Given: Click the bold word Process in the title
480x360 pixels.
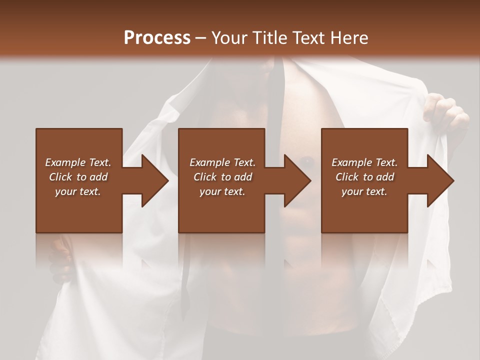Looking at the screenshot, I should [157, 38].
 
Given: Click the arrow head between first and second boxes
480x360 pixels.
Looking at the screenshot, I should [155, 180].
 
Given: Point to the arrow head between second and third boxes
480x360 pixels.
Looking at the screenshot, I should [298, 180].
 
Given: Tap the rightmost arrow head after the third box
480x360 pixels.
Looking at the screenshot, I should [440, 180].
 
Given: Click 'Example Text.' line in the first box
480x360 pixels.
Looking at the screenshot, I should [78, 162].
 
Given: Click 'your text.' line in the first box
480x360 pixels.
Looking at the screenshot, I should [78, 191].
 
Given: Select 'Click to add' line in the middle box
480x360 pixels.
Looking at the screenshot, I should [222, 177].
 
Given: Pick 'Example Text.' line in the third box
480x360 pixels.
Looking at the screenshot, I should [364, 162].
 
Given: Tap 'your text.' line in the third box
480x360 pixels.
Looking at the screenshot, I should [364, 191].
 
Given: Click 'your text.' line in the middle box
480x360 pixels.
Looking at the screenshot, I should [222, 191].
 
